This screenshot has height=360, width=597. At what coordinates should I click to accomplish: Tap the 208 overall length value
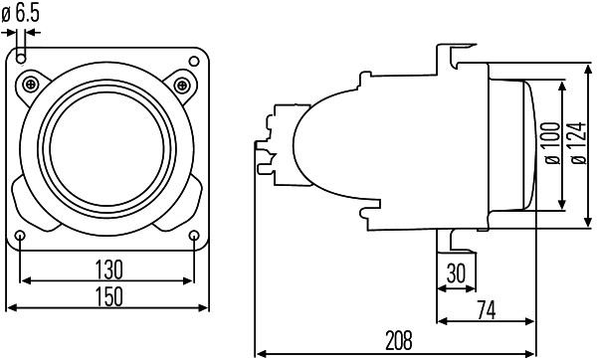pyautogui.click(x=398, y=341)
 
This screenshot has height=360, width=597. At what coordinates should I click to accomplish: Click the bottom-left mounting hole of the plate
pyautogui.click(x=22, y=235)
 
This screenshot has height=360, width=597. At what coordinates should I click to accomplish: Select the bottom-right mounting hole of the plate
pyautogui.click(x=194, y=235)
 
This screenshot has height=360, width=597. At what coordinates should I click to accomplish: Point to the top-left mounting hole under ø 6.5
pyautogui.click(x=22, y=60)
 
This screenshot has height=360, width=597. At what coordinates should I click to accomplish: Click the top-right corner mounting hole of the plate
pyautogui.click(x=194, y=60)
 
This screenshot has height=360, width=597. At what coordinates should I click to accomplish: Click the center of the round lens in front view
pyautogui.click(x=107, y=145)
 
